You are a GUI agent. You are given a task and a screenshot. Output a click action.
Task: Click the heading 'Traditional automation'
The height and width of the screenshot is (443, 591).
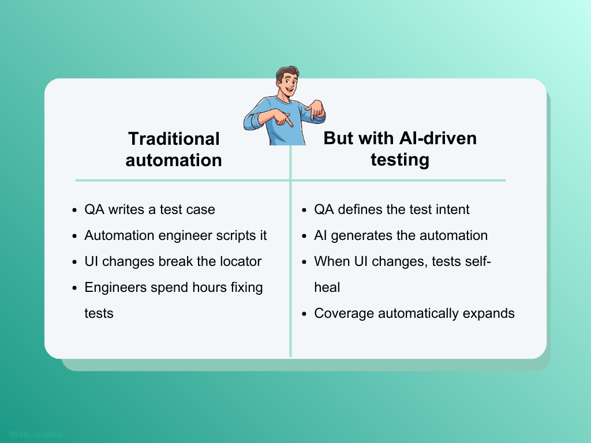coord(173,149)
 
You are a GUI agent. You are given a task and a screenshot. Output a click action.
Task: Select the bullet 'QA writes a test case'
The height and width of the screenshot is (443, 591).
coord(149,209)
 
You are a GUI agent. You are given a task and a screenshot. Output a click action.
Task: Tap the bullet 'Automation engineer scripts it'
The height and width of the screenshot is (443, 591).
coord(175,235)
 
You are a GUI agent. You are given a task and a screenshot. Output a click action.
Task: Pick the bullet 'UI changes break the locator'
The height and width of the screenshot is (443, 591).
coord(173,261)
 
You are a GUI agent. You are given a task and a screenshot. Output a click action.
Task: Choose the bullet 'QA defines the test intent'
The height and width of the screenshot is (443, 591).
coord(391,209)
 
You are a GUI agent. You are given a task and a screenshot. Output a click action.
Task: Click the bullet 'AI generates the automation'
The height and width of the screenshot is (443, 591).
coord(401,235)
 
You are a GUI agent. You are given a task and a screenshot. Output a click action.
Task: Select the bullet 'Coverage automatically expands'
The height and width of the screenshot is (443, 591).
coord(414,313)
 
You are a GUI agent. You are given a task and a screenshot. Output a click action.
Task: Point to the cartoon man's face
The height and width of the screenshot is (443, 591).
coord(286,85)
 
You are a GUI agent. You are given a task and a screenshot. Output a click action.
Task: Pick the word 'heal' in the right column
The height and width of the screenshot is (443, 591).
coord(327,287)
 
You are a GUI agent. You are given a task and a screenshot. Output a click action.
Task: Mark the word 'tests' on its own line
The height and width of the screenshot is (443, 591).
coord(99,313)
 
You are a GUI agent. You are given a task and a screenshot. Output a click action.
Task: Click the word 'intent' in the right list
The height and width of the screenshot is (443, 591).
coord(452,209)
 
